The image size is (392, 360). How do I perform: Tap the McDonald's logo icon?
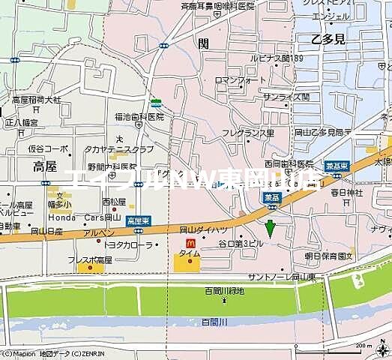(189, 244)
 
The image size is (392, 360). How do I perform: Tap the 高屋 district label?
(46, 166)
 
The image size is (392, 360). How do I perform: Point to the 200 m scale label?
(364, 346)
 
